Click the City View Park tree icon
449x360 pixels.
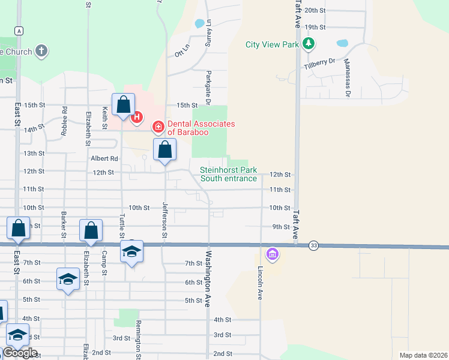click(309, 43)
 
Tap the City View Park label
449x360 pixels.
click(273, 44)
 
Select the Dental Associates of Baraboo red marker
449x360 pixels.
click(158, 127)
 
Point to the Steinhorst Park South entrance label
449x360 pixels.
click(229, 174)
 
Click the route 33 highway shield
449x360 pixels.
click(313, 245)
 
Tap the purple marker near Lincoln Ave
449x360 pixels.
click(273, 254)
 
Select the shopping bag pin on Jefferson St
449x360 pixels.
click(164, 150)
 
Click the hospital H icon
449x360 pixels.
click(137, 116)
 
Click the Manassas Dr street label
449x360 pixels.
click(347, 82)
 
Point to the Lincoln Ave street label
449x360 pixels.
click(261, 283)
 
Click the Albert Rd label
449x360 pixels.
click(104, 158)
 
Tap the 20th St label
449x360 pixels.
click(315, 10)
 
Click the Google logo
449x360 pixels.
click(20, 353)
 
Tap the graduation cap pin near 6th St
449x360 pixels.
click(68, 279)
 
